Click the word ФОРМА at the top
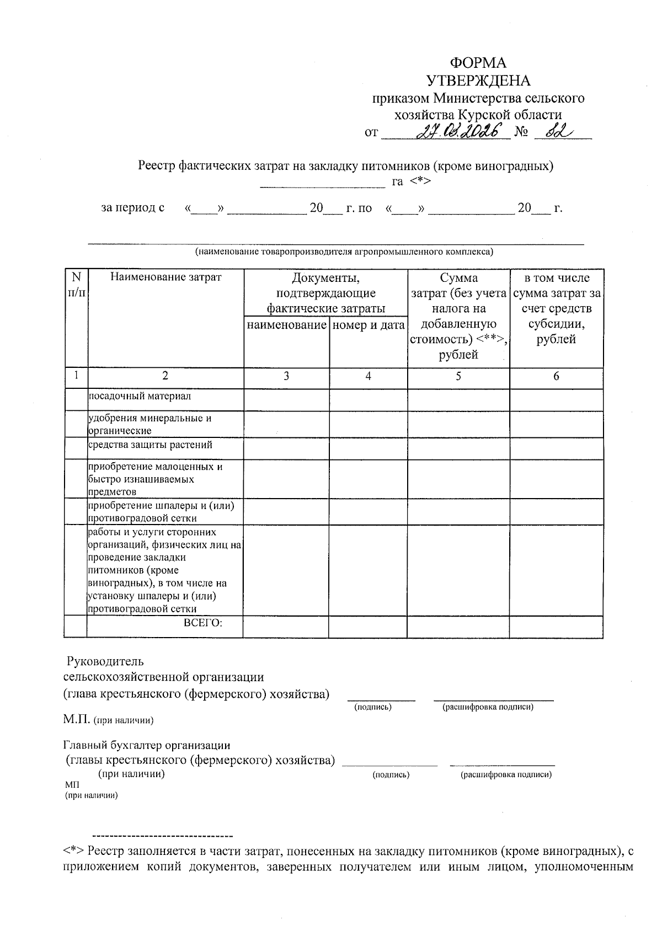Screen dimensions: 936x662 pos(478,63)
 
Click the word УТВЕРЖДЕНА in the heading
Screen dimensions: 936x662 pos(478,81)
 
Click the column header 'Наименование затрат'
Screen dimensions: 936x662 pos(165,277)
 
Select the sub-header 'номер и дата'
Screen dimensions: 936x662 pos(369,325)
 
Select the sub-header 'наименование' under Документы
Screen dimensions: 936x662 pos(286,325)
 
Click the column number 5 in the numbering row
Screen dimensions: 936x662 pos(458,376)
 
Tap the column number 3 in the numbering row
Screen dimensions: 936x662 pos(286,376)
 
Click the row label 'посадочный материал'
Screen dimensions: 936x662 pos(140,396)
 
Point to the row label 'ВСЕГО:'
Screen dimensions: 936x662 pos(202,623)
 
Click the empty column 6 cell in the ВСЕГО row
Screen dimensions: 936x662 pos(556,627)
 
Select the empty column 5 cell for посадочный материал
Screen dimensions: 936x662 pos(458,399)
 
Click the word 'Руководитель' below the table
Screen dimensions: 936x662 pos(105,661)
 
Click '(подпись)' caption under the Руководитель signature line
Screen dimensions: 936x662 pos(372,707)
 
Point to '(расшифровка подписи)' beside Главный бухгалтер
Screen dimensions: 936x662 pos(505,775)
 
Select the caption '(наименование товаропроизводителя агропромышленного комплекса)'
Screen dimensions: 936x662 pos(344,252)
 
